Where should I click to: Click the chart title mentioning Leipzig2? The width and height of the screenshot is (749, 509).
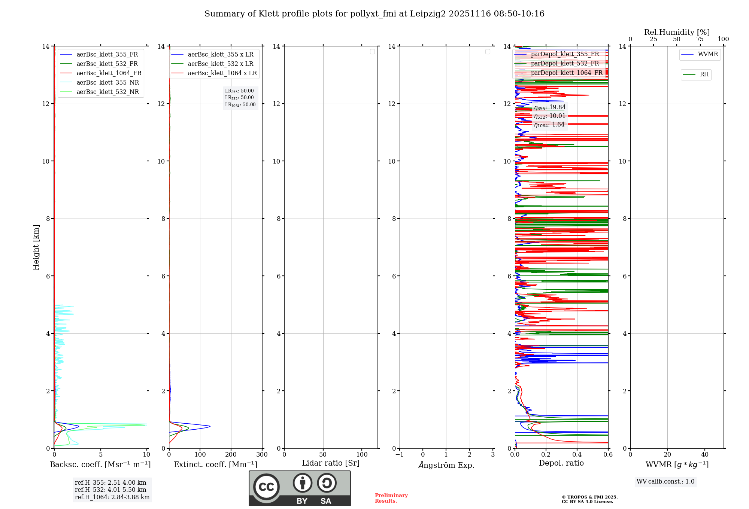tap(374, 14)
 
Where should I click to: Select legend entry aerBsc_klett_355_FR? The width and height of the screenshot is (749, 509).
tap(107, 55)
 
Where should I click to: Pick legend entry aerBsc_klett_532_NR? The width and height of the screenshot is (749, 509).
tap(107, 92)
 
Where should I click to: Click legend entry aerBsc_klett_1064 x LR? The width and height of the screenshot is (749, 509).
tap(222, 73)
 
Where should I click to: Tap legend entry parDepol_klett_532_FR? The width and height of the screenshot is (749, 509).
tap(565, 64)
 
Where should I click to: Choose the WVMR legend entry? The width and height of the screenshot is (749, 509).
tap(707, 54)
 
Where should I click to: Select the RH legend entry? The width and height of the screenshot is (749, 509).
tap(704, 74)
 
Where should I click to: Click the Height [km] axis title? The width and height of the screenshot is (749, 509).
tap(36, 247)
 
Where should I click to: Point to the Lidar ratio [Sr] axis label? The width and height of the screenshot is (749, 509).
tap(330, 463)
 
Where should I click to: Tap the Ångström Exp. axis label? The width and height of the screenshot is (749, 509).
tap(446, 465)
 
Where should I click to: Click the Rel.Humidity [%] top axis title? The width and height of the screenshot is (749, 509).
tap(677, 32)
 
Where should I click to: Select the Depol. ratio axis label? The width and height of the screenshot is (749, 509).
tap(561, 463)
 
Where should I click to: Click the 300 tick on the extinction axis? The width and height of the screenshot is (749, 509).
tap(262, 455)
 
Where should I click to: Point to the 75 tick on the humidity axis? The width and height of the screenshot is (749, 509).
tap(700, 39)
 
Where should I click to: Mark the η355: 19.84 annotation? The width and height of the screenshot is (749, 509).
tap(549, 108)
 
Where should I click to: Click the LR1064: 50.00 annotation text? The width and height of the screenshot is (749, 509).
tap(240, 105)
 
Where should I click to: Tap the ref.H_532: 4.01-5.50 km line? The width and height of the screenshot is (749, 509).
tap(110, 490)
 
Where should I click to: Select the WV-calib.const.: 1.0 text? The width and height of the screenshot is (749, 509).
tap(665, 482)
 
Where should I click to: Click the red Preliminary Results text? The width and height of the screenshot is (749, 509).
tap(391, 498)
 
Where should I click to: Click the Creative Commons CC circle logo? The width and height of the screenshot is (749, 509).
tap(266, 487)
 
